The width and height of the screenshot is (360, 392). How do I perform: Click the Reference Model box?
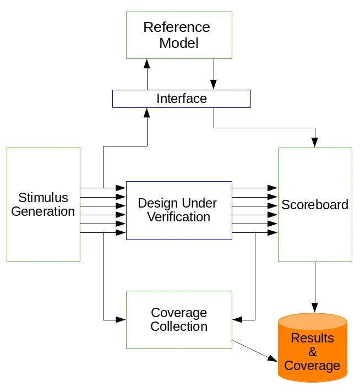tap(179, 35)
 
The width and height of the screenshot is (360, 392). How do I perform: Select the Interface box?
tap(182, 99)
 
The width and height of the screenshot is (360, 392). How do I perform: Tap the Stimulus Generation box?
tap(43, 205)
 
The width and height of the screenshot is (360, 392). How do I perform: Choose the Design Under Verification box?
tap(179, 210)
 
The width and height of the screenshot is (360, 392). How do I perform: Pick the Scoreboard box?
tap(315, 205)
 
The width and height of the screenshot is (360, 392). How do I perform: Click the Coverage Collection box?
tap(179, 320)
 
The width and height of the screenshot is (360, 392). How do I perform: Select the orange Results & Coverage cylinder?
tap(313, 347)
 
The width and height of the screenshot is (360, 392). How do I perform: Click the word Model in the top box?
tap(179, 43)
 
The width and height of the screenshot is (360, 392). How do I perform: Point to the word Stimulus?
tap(43, 198)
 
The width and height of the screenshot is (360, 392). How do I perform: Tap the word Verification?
tap(179, 217)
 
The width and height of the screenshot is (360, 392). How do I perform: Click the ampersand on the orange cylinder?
tap(313, 352)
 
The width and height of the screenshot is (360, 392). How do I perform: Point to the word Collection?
tap(179, 326)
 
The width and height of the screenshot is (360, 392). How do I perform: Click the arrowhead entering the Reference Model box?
tap(147, 64)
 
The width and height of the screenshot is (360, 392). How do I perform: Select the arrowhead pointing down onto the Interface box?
tap(214, 84)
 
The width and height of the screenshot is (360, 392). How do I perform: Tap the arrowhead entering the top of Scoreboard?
tap(315, 143)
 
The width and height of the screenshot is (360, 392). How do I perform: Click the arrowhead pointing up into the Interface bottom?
tap(147, 113)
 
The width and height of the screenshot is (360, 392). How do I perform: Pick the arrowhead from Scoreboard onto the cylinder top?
tap(315, 308)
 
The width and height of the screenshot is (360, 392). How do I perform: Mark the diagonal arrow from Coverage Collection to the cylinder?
tap(255, 351)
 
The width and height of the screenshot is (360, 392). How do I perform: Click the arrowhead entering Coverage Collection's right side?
tap(237, 320)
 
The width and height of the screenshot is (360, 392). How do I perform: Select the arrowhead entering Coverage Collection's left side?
tap(121, 320)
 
